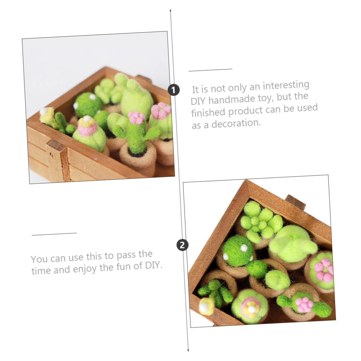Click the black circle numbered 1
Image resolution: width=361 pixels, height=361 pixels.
[x=174, y=90]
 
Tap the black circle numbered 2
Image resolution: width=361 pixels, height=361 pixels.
[x=182, y=245]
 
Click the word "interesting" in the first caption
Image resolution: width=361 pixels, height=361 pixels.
[x=286, y=86]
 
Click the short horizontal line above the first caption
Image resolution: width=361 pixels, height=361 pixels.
[x=210, y=69]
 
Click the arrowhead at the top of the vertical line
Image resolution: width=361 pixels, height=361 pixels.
[x=171, y=11]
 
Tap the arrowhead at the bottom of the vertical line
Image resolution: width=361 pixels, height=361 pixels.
[x=188, y=350]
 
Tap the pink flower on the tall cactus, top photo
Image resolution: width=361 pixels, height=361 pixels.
[x=136, y=117]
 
